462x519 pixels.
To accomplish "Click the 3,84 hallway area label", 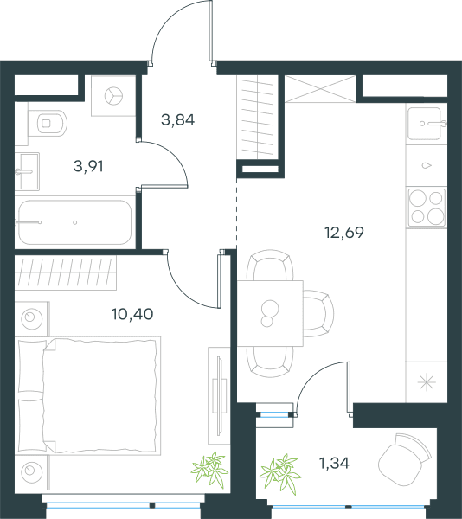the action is tap(177, 120).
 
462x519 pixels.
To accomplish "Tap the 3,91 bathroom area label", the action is tap(88, 166).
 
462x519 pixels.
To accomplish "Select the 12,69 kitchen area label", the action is tap(344, 233).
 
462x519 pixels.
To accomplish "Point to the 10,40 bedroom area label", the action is tap(132, 314).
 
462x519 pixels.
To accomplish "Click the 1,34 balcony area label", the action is tap(334, 463).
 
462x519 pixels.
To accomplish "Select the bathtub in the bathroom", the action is tap(74, 222).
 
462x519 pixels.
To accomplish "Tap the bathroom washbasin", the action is tap(27, 171).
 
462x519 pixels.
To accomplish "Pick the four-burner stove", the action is tap(427, 208).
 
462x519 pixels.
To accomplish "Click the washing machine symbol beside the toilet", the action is tap(113, 96).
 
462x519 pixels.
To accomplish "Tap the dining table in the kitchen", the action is tap(270, 313).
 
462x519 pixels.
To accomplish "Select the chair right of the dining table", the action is tap(318, 313).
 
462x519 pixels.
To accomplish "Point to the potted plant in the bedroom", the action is tap(210, 469).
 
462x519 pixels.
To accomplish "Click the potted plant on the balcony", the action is tap(280, 471).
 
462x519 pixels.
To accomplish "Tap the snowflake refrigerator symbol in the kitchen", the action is tap(427, 382).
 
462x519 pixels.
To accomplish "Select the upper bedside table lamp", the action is tap(32, 319).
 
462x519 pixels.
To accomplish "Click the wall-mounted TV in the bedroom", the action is tap(219, 395).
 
